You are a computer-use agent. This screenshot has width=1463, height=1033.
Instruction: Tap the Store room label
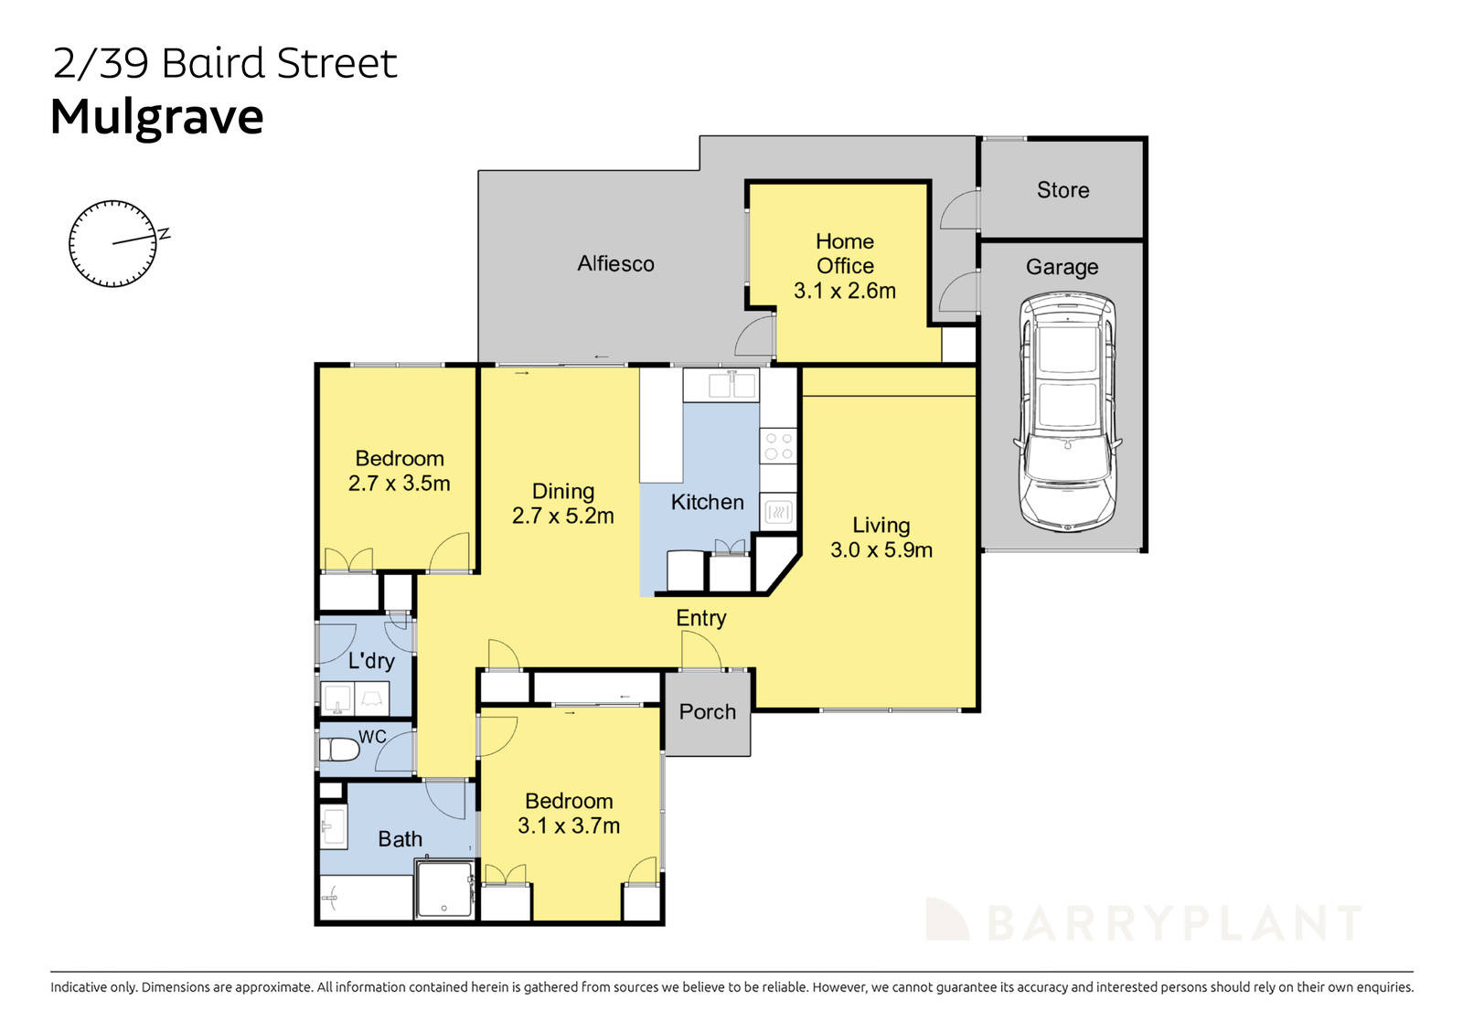1063,190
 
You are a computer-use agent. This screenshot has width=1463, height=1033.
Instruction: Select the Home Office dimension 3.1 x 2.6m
844,291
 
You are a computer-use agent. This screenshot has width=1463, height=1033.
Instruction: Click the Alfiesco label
615,264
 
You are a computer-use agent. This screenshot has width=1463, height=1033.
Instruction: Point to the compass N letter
165,234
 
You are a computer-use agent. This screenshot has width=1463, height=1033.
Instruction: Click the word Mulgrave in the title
156,117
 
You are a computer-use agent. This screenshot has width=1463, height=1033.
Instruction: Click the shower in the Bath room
444,888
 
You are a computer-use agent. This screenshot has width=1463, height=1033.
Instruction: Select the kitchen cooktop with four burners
778,446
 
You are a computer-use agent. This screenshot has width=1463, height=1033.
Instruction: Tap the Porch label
707,712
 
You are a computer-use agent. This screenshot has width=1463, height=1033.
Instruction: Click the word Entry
700,619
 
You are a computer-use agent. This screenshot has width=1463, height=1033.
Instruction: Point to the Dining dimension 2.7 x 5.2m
562,516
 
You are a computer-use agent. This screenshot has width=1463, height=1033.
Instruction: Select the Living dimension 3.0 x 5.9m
881,550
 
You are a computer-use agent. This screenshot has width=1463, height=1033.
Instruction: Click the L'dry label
371,661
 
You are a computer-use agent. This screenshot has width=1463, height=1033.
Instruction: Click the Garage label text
1062,268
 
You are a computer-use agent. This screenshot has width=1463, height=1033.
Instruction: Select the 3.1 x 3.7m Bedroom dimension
568,826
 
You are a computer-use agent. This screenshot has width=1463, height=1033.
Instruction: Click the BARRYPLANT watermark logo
1143,921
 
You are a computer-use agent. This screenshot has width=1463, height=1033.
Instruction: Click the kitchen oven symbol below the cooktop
778,512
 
